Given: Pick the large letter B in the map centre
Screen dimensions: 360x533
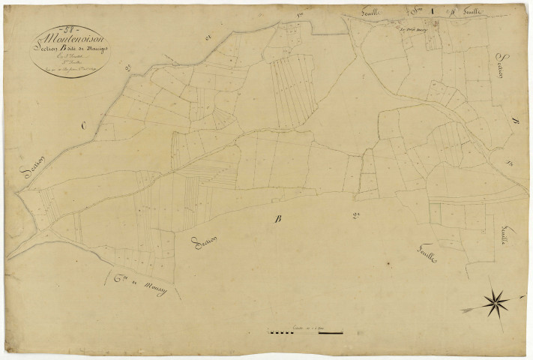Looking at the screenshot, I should click(278, 220).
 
